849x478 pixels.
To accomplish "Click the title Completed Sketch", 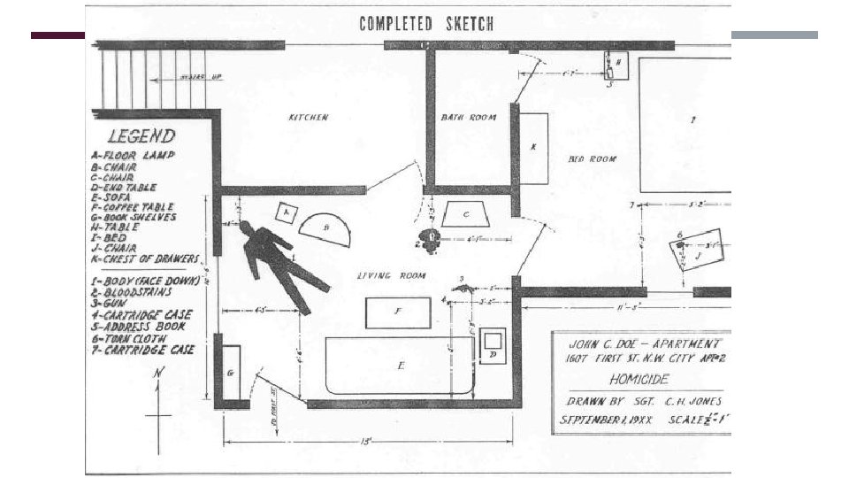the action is coord(426,24).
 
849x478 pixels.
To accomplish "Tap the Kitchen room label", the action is coord(309,118).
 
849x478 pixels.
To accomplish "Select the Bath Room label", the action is coord(468,117).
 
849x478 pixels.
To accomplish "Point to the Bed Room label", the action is coord(592,158).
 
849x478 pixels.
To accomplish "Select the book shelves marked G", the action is coord(231,373).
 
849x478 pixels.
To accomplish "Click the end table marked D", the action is coord(493,343).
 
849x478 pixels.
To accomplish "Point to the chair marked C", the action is coord(466,213).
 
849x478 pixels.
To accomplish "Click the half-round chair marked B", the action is coord(327,228).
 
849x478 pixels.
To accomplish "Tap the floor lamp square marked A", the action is coord(286,213).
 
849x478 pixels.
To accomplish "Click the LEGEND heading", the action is coord(141,136).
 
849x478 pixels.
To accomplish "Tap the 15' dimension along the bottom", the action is coord(366,440).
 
